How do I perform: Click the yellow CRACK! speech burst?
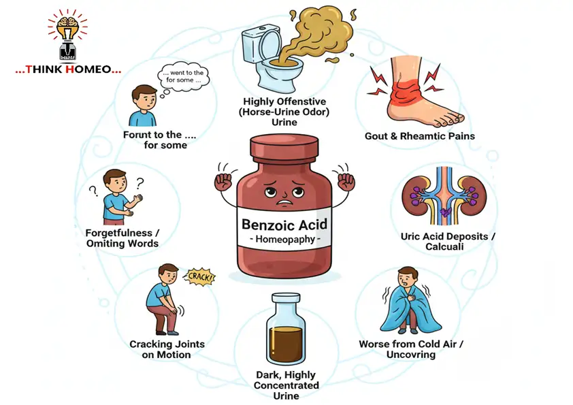point(199,277)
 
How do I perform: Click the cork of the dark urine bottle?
point(286,299)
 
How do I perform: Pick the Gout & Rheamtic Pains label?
point(420,136)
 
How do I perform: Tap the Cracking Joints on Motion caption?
point(167,349)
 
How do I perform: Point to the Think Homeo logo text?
point(69,69)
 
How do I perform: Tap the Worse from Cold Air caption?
point(411,349)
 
